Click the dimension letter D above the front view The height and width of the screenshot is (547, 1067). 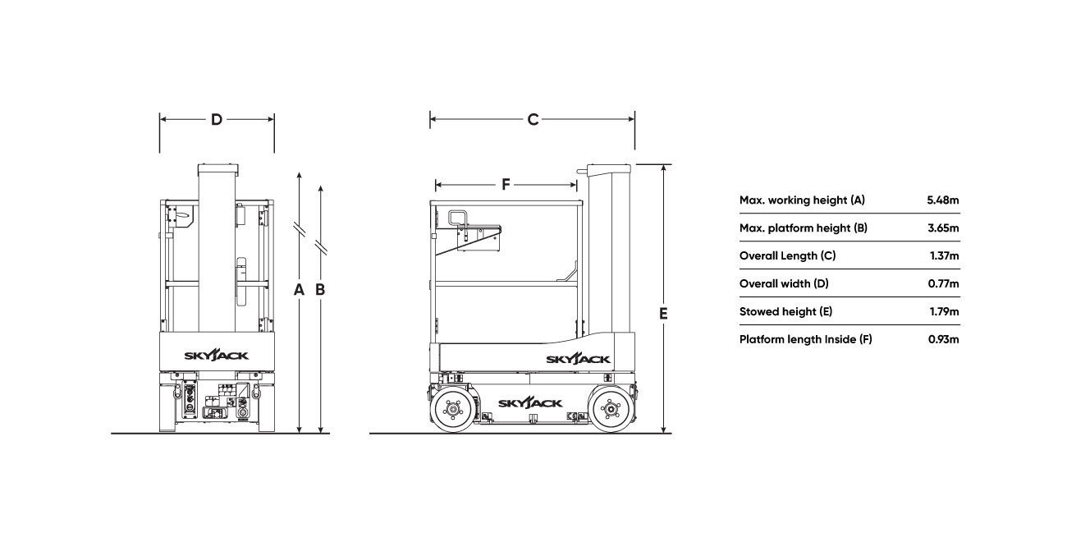tap(217, 120)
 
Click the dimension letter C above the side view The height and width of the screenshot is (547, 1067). tap(533, 120)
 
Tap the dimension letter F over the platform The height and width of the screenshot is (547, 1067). tap(506, 185)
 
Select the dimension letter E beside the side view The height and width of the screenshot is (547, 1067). tap(663, 314)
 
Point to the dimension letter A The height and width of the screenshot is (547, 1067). tap(299, 289)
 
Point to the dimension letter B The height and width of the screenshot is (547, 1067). tap(320, 289)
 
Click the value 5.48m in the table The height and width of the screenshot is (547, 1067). tap(943, 200)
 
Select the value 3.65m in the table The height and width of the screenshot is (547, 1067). tap(943, 228)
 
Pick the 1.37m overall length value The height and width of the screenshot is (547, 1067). tap(944, 256)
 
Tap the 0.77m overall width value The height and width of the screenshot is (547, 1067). tap(943, 284)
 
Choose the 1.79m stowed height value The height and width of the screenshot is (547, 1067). tap(944, 311)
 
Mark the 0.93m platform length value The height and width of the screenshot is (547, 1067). tap(943, 340)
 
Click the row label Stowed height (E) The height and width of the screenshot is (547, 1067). tap(785, 311)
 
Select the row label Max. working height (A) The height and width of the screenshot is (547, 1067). tap(802, 200)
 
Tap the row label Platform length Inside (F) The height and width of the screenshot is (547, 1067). tap(805, 340)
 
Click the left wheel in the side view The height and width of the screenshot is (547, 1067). tap(452, 409)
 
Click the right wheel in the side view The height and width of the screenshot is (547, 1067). tap(611, 409)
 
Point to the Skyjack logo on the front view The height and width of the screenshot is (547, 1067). tap(216, 356)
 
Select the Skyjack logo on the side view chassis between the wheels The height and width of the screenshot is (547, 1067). tap(530, 403)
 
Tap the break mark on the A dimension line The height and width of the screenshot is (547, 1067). tap(299, 229)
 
